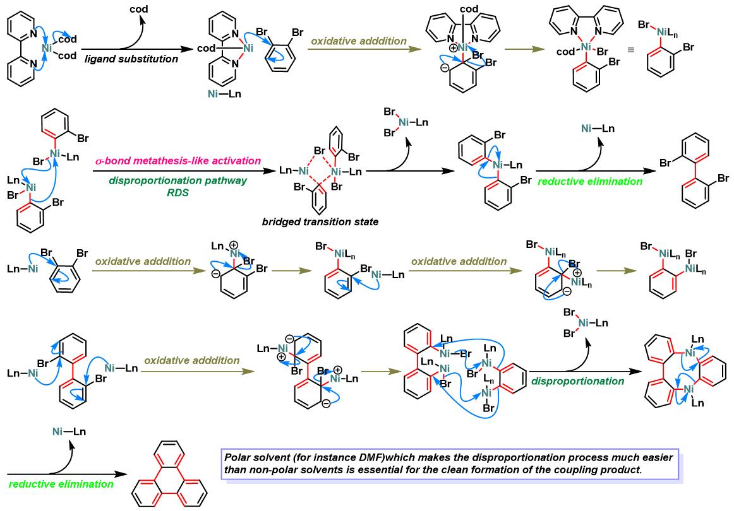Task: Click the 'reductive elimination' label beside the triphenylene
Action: [61, 484]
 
